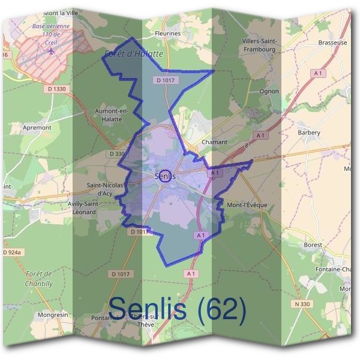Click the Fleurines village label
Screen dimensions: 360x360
coord(167,34)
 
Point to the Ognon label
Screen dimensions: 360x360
coord(269,91)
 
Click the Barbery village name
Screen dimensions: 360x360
coord(309,133)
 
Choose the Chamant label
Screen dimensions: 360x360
coord(215,142)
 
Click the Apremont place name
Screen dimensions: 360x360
coord(37,128)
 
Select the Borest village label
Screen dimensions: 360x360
coord(313,245)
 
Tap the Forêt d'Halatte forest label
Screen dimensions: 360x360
coord(133,54)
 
